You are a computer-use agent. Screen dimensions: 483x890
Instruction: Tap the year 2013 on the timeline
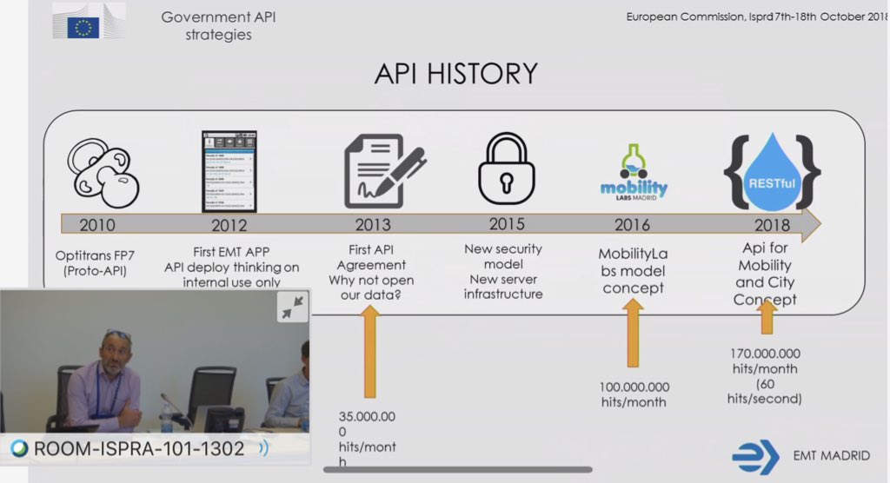tap(373, 226)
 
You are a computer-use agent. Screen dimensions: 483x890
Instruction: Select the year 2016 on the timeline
tap(632, 226)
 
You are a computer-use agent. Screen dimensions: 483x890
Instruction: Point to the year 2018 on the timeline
tap(766, 226)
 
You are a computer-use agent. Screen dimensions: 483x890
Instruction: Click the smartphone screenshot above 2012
tap(230, 170)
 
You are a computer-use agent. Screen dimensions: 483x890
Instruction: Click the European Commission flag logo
tap(83, 24)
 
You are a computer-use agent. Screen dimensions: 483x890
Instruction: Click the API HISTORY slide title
tap(455, 75)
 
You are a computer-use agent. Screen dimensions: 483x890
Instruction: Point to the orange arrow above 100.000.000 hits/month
tap(633, 334)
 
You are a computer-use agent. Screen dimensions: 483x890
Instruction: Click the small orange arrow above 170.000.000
tap(767, 317)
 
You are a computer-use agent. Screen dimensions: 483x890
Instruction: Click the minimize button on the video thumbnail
tap(292, 307)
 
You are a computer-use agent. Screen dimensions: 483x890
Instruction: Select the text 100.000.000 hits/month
tap(633, 394)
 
